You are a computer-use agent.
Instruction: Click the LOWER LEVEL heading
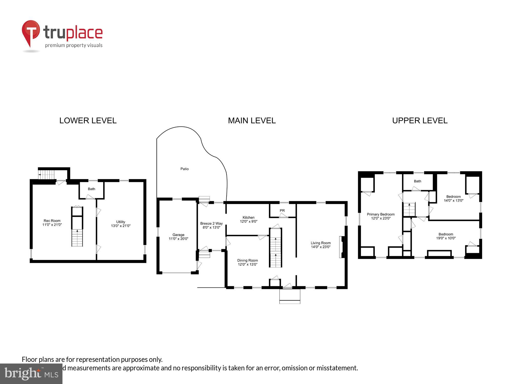coord(88,121)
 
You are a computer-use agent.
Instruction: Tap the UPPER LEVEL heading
coord(420,121)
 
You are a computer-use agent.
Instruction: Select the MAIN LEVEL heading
coord(252,121)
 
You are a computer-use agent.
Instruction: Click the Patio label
coord(184,169)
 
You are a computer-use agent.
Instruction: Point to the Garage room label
coord(178,235)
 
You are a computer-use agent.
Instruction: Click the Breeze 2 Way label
coord(211,223)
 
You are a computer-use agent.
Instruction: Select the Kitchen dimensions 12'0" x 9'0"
coord(249,221)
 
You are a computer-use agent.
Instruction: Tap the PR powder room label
coord(282,211)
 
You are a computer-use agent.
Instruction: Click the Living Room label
coord(321,243)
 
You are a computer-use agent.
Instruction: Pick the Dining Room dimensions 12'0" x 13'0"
coord(248,264)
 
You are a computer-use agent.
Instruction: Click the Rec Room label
coord(52,221)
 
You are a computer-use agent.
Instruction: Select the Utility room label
coord(121,222)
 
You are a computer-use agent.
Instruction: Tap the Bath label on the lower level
coord(91,189)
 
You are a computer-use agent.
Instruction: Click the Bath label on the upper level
coord(417,181)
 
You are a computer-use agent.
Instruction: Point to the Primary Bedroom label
coord(381,215)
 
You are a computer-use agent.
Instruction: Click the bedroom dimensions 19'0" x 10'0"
coord(446,238)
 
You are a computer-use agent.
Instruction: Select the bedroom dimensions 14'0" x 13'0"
coord(453,201)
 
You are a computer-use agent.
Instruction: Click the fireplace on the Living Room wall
coord(342,247)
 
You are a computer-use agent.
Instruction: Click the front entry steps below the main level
coord(290,296)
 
